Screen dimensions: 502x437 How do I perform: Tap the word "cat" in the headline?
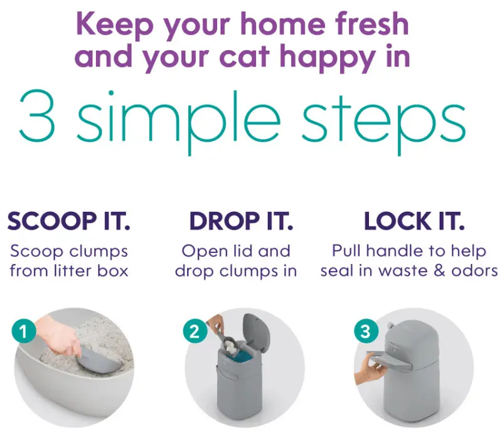pyautogui.click(x=245, y=56)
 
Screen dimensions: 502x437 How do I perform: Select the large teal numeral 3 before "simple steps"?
pyautogui.click(x=37, y=116)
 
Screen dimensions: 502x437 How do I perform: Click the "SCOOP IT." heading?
pyautogui.click(x=69, y=221)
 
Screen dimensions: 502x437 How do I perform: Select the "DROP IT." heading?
pyautogui.click(x=242, y=221)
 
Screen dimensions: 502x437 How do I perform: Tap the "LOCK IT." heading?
pyautogui.click(x=414, y=221)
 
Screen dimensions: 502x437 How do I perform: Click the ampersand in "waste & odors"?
pyautogui.click(x=440, y=271)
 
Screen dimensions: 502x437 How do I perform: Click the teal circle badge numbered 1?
pyautogui.click(x=24, y=332)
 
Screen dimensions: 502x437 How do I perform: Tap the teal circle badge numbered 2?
pyautogui.click(x=195, y=332)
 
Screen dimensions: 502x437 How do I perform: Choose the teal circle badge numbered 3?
pyautogui.click(x=366, y=332)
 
